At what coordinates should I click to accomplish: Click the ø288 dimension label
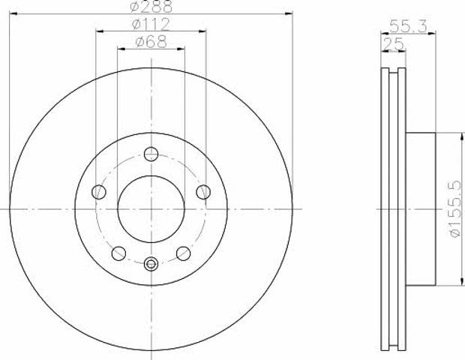(x=151, y=6)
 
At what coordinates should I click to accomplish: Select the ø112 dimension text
(x=151, y=24)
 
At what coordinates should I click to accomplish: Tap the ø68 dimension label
(x=151, y=42)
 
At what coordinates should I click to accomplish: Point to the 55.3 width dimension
(x=408, y=26)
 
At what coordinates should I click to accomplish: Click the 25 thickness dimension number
(x=394, y=44)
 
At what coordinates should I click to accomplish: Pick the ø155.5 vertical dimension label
(x=456, y=209)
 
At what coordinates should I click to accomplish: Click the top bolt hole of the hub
(x=151, y=154)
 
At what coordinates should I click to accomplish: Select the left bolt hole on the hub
(x=99, y=192)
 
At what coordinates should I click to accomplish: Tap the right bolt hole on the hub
(x=203, y=192)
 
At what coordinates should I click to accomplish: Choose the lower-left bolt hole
(x=118, y=253)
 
